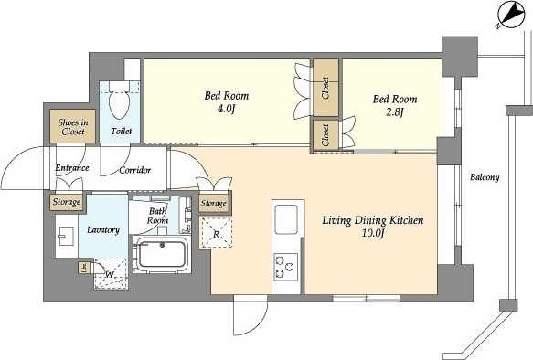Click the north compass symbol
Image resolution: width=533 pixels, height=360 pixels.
click(511, 16)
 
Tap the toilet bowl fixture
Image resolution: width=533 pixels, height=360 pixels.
click(120, 101)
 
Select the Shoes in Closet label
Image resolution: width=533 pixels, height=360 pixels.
click(73, 127)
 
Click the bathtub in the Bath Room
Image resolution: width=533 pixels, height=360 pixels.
click(161, 255)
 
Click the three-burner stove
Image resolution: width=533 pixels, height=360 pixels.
click(286, 267)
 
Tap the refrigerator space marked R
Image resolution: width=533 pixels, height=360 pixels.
click(216, 233)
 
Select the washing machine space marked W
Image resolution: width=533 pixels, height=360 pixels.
click(111, 274)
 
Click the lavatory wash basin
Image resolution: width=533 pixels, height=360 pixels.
click(67, 236)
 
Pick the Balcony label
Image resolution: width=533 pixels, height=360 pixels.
click(485, 177)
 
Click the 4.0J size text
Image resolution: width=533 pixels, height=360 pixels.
click(227, 110)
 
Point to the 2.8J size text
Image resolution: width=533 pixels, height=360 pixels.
click(394, 112)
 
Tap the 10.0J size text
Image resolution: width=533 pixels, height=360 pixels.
click(373, 233)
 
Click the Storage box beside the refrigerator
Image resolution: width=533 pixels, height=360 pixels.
click(213, 203)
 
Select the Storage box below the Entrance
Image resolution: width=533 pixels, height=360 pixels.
click(67, 202)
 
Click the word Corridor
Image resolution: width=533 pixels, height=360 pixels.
click(135, 170)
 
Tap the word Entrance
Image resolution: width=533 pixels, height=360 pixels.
click(72, 168)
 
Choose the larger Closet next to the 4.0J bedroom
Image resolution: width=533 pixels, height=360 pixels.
click(325, 88)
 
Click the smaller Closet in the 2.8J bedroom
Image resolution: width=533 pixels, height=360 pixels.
click(325, 135)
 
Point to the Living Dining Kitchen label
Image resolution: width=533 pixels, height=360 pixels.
click(373, 220)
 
